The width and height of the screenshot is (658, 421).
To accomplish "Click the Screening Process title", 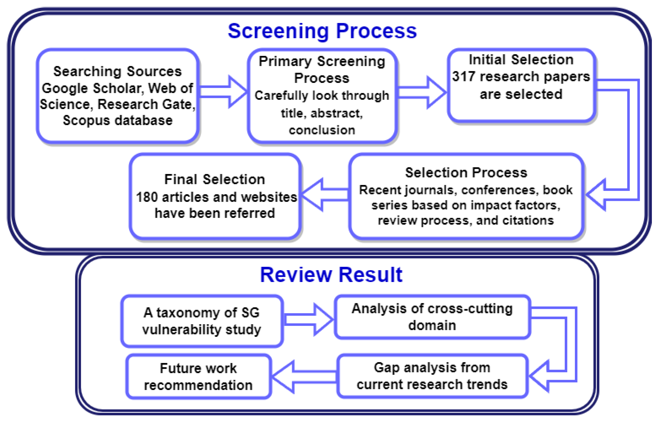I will [x=322, y=31].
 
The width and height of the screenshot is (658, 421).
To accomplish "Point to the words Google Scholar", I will [x=92, y=88].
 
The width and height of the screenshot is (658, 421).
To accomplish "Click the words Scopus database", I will [x=118, y=120].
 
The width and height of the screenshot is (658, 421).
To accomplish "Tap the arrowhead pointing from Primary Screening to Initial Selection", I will [x=436, y=93].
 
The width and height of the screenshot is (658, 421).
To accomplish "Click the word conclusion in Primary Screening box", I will [x=322, y=130].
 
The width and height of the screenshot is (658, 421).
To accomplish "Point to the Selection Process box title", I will [x=466, y=173].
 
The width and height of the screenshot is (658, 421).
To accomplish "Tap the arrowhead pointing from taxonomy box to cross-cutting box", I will [x=323, y=319].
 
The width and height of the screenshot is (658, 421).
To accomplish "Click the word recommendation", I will [x=198, y=385].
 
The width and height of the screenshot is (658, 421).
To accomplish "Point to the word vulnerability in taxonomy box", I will [x=182, y=329].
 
